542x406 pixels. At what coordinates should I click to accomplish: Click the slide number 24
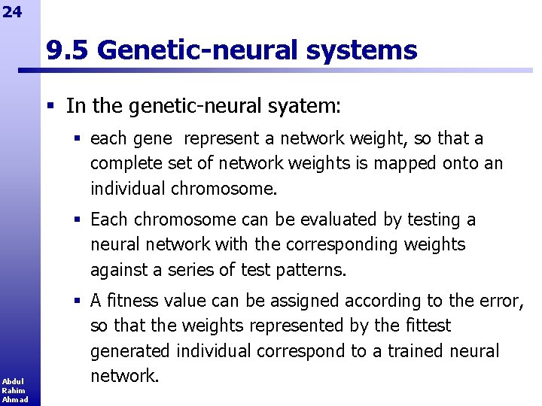click(12, 11)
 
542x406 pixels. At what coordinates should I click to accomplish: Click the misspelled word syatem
click(306, 106)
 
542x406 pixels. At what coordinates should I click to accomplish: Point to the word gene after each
click(157, 139)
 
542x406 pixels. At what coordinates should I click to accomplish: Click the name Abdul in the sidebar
click(12, 381)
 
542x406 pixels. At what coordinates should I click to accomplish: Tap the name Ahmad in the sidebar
click(14, 399)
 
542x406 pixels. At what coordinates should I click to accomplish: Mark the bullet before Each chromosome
click(78, 220)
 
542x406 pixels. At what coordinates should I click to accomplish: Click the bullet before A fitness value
click(78, 301)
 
